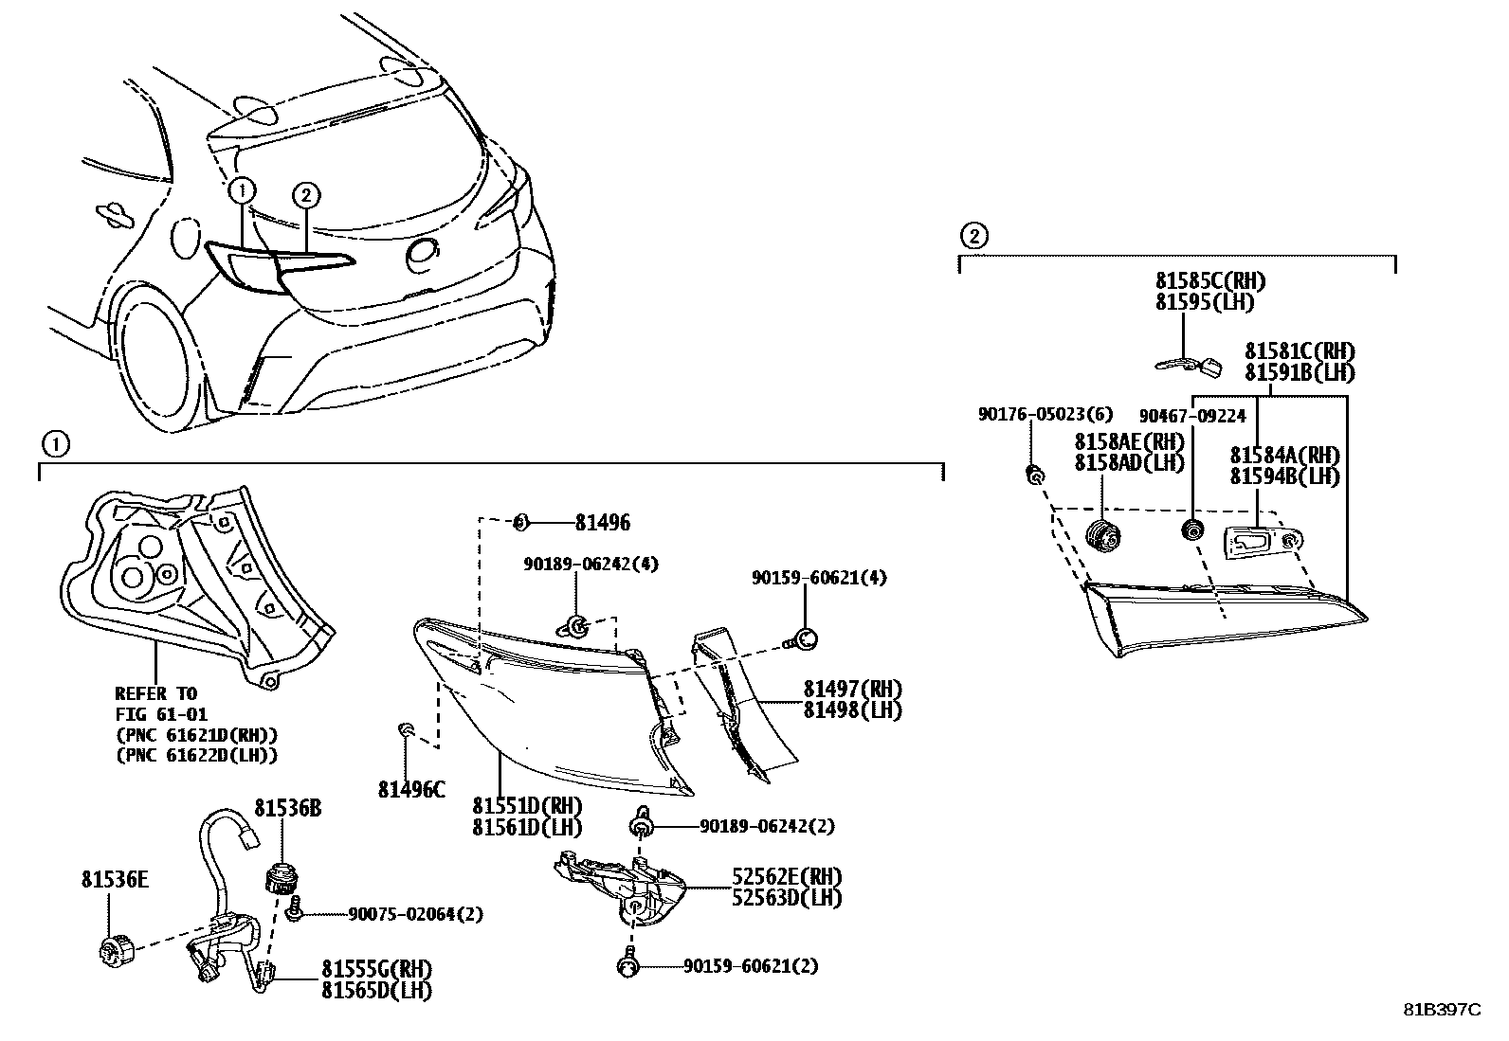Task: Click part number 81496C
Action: pyautogui.click(x=411, y=789)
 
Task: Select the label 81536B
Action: pyautogui.click(x=287, y=808)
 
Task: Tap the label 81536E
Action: pyautogui.click(x=114, y=880)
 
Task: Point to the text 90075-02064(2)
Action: pyautogui.click(x=415, y=914)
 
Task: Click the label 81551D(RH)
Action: pyautogui.click(x=528, y=806)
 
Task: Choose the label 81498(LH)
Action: pyautogui.click(x=852, y=709)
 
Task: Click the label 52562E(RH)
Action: pyautogui.click(x=786, y=876)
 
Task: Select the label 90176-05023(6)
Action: pyautogui.click(x=1045, y=414)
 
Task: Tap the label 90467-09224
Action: pyautogui.click(x=1192, y=415)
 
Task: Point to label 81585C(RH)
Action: pyautogui.click(x=1210, y=281)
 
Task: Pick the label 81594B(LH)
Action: pyautogui.click(x=1284, y=476)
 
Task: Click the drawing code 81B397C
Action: pyautogui.click(x=1442, y=1010)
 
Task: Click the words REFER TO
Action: pyautogui.click(x=155, y=693)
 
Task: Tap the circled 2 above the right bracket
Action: pyautogui.click(x=973, y=236)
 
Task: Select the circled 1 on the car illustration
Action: pyautogui.click(x=242, y=190)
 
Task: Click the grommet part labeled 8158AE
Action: pyautogui.click(x=1102, y=535)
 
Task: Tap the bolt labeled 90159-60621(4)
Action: pyautogui.click(x=806, y=639)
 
